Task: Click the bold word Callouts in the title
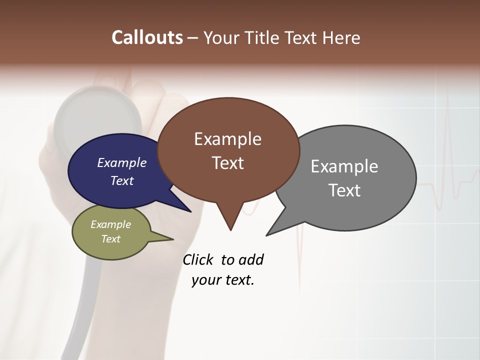pos(147,37)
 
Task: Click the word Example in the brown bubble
pos(227,139)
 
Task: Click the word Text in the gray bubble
pos(344,190)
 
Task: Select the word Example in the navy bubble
pos(122,162)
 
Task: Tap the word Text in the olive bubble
pos(111,239)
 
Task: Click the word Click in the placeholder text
pos(198,259)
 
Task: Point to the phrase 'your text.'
pos(223,280)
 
